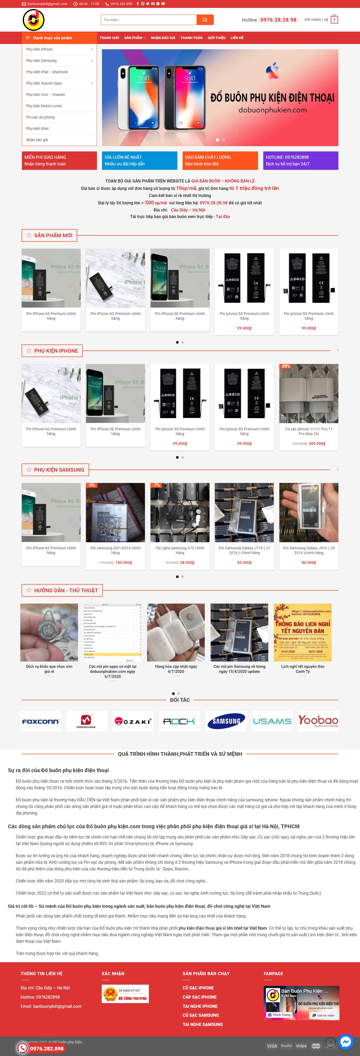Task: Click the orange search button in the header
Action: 205,20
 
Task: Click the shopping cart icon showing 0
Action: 334,20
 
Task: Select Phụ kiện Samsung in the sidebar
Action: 41,61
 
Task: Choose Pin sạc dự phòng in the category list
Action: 40,117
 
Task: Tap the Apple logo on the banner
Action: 272,71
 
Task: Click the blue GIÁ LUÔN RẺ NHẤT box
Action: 139,160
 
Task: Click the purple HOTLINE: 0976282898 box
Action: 300,160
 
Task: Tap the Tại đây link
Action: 223,216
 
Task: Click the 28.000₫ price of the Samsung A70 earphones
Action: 187,562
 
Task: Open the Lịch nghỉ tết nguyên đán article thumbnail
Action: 303,632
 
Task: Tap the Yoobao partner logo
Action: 318,721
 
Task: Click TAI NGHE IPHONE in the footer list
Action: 200,1006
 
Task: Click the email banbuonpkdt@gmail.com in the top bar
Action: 47,4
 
